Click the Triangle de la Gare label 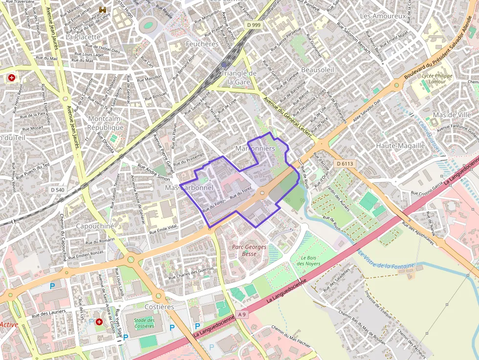coord(239,77)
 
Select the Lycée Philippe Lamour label coord(437,79)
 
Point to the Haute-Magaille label coord(400,146)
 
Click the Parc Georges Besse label coord(249,250)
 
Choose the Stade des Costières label coord(144,323)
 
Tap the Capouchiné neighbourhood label coord(95,226)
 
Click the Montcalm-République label coord(106,123)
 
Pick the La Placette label coord(83,37)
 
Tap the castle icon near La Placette coord(103,10)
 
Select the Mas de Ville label coord(452,115)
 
